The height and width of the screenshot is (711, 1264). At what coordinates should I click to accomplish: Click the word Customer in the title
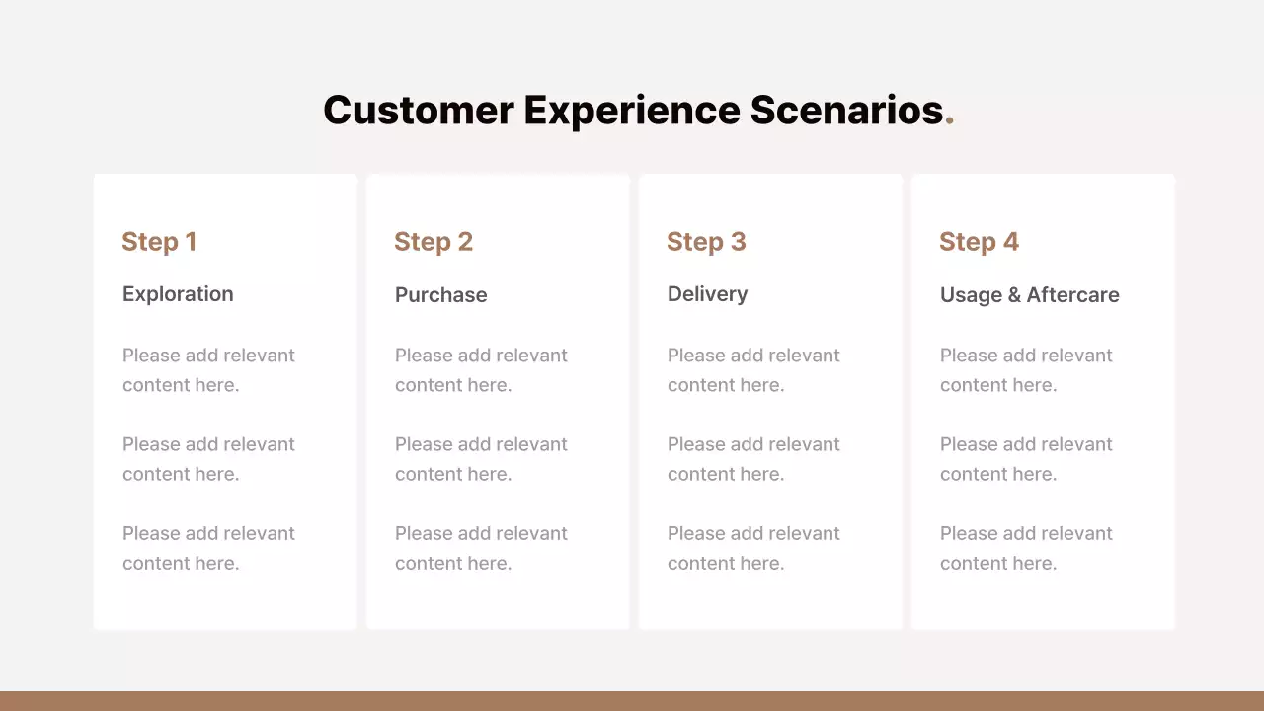(418, 110)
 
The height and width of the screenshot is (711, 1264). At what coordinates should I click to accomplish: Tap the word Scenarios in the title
(846, 110)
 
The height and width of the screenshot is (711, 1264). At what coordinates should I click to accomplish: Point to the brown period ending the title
(950, 119)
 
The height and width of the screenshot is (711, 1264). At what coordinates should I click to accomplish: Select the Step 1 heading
(159, 242)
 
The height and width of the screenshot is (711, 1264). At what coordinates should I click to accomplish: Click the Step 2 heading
(434, 242)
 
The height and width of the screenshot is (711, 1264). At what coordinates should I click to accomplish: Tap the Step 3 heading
(706, 242)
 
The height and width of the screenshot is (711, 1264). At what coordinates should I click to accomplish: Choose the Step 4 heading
(979, 242)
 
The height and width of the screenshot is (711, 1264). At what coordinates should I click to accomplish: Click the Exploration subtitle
(178, 294)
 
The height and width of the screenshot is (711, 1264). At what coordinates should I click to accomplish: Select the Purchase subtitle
(440, 294)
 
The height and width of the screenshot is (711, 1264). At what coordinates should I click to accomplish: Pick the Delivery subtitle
(708, 294)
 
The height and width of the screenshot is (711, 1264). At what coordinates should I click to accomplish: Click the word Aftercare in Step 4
(1072, 294)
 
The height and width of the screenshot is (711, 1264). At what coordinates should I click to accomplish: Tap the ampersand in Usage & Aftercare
(1014, 295)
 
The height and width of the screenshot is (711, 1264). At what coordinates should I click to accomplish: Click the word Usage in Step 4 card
(971, 295)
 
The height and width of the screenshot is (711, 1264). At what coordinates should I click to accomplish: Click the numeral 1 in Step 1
(191, 242)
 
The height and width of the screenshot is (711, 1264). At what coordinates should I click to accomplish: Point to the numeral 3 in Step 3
(738, 242)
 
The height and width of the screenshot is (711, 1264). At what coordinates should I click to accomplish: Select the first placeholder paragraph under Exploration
(208, 370)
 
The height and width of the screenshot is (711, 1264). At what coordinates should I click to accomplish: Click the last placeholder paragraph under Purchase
(481, 548)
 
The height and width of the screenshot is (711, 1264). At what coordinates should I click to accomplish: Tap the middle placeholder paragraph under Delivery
(753, 459)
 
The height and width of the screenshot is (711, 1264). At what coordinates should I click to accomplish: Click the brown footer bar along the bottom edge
(632, 701)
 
